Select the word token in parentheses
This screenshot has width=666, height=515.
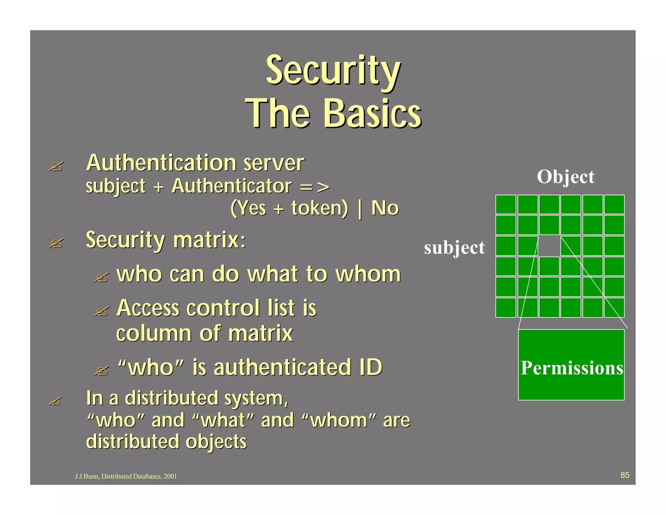pyautogui.click(x=319, y=208)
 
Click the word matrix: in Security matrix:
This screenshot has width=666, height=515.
pyautogui.click(x=209, y=240)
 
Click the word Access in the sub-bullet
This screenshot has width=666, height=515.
pyautogui.click(x=148, y=308)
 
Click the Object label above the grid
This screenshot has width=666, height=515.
pyautogui.click(x=566, y=177)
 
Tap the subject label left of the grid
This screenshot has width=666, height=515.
pyautogui.click(x=454, y=248)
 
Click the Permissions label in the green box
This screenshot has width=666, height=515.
pyautogui.click(x=571, y=368)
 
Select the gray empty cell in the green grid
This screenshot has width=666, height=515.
pyautogui.click(x=549, y=246)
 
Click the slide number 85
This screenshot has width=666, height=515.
pyautogui.click(x=625, y=475)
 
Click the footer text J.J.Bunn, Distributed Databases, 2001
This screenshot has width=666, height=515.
pyautogui.click(x=126, y=476)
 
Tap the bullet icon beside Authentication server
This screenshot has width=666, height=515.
pyautogui.click(x=56, y=166)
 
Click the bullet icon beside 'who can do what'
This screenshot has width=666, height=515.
pyautogui.click(x=101, y=278)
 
